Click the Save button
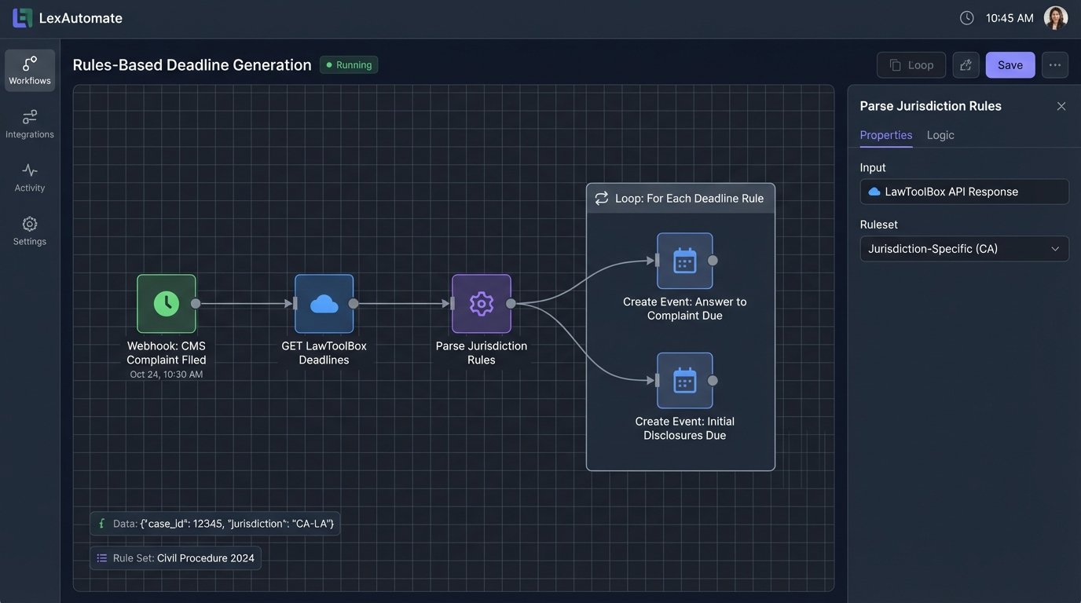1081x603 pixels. coord(1010,65)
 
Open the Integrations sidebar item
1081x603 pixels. coord(30,124)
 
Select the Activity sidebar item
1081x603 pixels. coord(30,177)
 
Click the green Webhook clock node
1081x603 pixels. coord(167,304)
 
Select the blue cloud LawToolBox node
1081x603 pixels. coord(324,304)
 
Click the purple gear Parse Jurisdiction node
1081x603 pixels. coord(481,304)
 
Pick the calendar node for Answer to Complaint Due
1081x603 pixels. coord(684,261)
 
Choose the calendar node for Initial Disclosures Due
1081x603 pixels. coord(684,381)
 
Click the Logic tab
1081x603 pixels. coord(940,135)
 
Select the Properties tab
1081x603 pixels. coord(885,135)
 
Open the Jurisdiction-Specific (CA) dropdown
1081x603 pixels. coord(964,249)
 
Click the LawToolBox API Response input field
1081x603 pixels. coord(964,192)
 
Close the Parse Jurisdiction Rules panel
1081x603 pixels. coord(1061,106)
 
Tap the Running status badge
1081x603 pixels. coord(349,65)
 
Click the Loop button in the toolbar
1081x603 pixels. coord(911,65)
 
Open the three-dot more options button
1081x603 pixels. coord(1054,65)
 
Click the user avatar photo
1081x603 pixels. coord(1055,18)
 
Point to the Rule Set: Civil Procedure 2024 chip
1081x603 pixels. coord(175,558)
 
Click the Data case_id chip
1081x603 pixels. coord(214,524)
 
